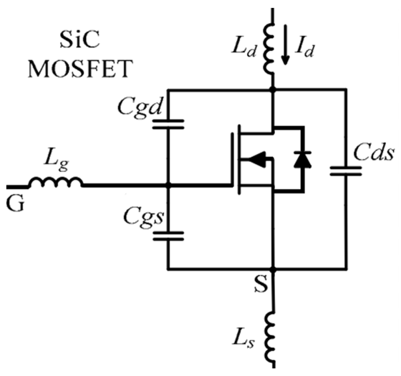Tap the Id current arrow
coord(285,45)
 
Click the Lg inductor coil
coord(56,183)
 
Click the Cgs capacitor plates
coord(168,236)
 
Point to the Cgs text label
coord(144,217)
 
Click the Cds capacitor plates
coord(346,171)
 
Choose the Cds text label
coord(373,153)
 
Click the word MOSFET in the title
coord(81,69)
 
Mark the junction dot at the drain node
coord(272,89)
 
